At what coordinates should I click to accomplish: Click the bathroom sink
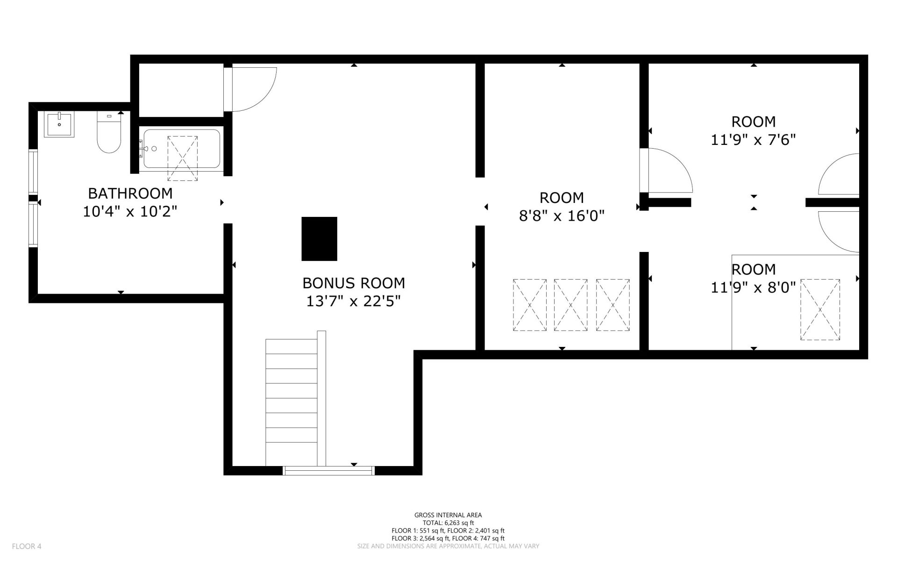(x=59, y=124)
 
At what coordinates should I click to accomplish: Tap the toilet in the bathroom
(x=109, y=132)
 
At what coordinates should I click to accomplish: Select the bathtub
(x=182, y=149)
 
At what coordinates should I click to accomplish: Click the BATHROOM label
(x=130, y=193)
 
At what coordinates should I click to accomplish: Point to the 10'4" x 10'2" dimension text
(x=130, y=212)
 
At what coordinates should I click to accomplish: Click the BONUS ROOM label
(x=354, y=283)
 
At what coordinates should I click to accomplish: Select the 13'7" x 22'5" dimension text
(x=354, y=302)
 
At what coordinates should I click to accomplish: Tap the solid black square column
(x=320, y=239)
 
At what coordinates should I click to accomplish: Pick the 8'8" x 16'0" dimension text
(x=562, y=216)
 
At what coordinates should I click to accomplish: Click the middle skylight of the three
(x=570, y=305)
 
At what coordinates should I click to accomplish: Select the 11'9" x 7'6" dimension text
(x=753, y=140)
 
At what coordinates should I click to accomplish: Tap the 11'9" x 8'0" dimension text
(x=753, y=288)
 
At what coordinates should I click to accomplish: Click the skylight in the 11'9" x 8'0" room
(x=820, y=309)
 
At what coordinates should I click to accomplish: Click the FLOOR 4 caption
(x=27, y=546)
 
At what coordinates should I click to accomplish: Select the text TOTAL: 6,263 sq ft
(x=448, y=523)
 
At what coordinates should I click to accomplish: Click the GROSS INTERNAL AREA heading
(x=448, y=515)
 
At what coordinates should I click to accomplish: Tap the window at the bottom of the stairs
(x=329, y=470)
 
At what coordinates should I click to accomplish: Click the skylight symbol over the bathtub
(x=182, y=158)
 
